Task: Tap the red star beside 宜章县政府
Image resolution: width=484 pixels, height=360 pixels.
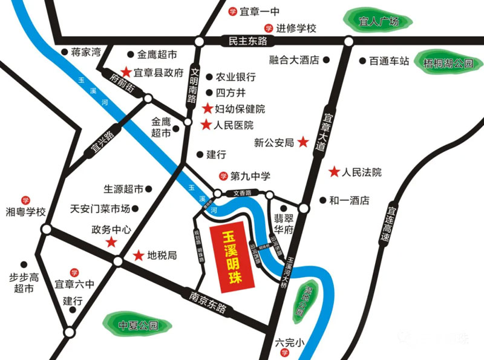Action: pos(126,71)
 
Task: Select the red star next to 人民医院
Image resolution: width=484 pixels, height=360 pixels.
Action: pos(205,125)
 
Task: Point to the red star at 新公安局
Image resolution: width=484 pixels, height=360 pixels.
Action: pos(303,143)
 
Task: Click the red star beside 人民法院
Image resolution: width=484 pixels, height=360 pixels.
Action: pos(333,172)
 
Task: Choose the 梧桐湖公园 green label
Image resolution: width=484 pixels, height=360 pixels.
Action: pos(448,63)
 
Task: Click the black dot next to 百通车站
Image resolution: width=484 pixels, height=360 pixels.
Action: pos(362,61)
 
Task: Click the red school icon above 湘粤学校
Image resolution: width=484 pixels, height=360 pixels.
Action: pos(25,200)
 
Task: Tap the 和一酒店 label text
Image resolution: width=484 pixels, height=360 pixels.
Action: pos(348,200)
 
